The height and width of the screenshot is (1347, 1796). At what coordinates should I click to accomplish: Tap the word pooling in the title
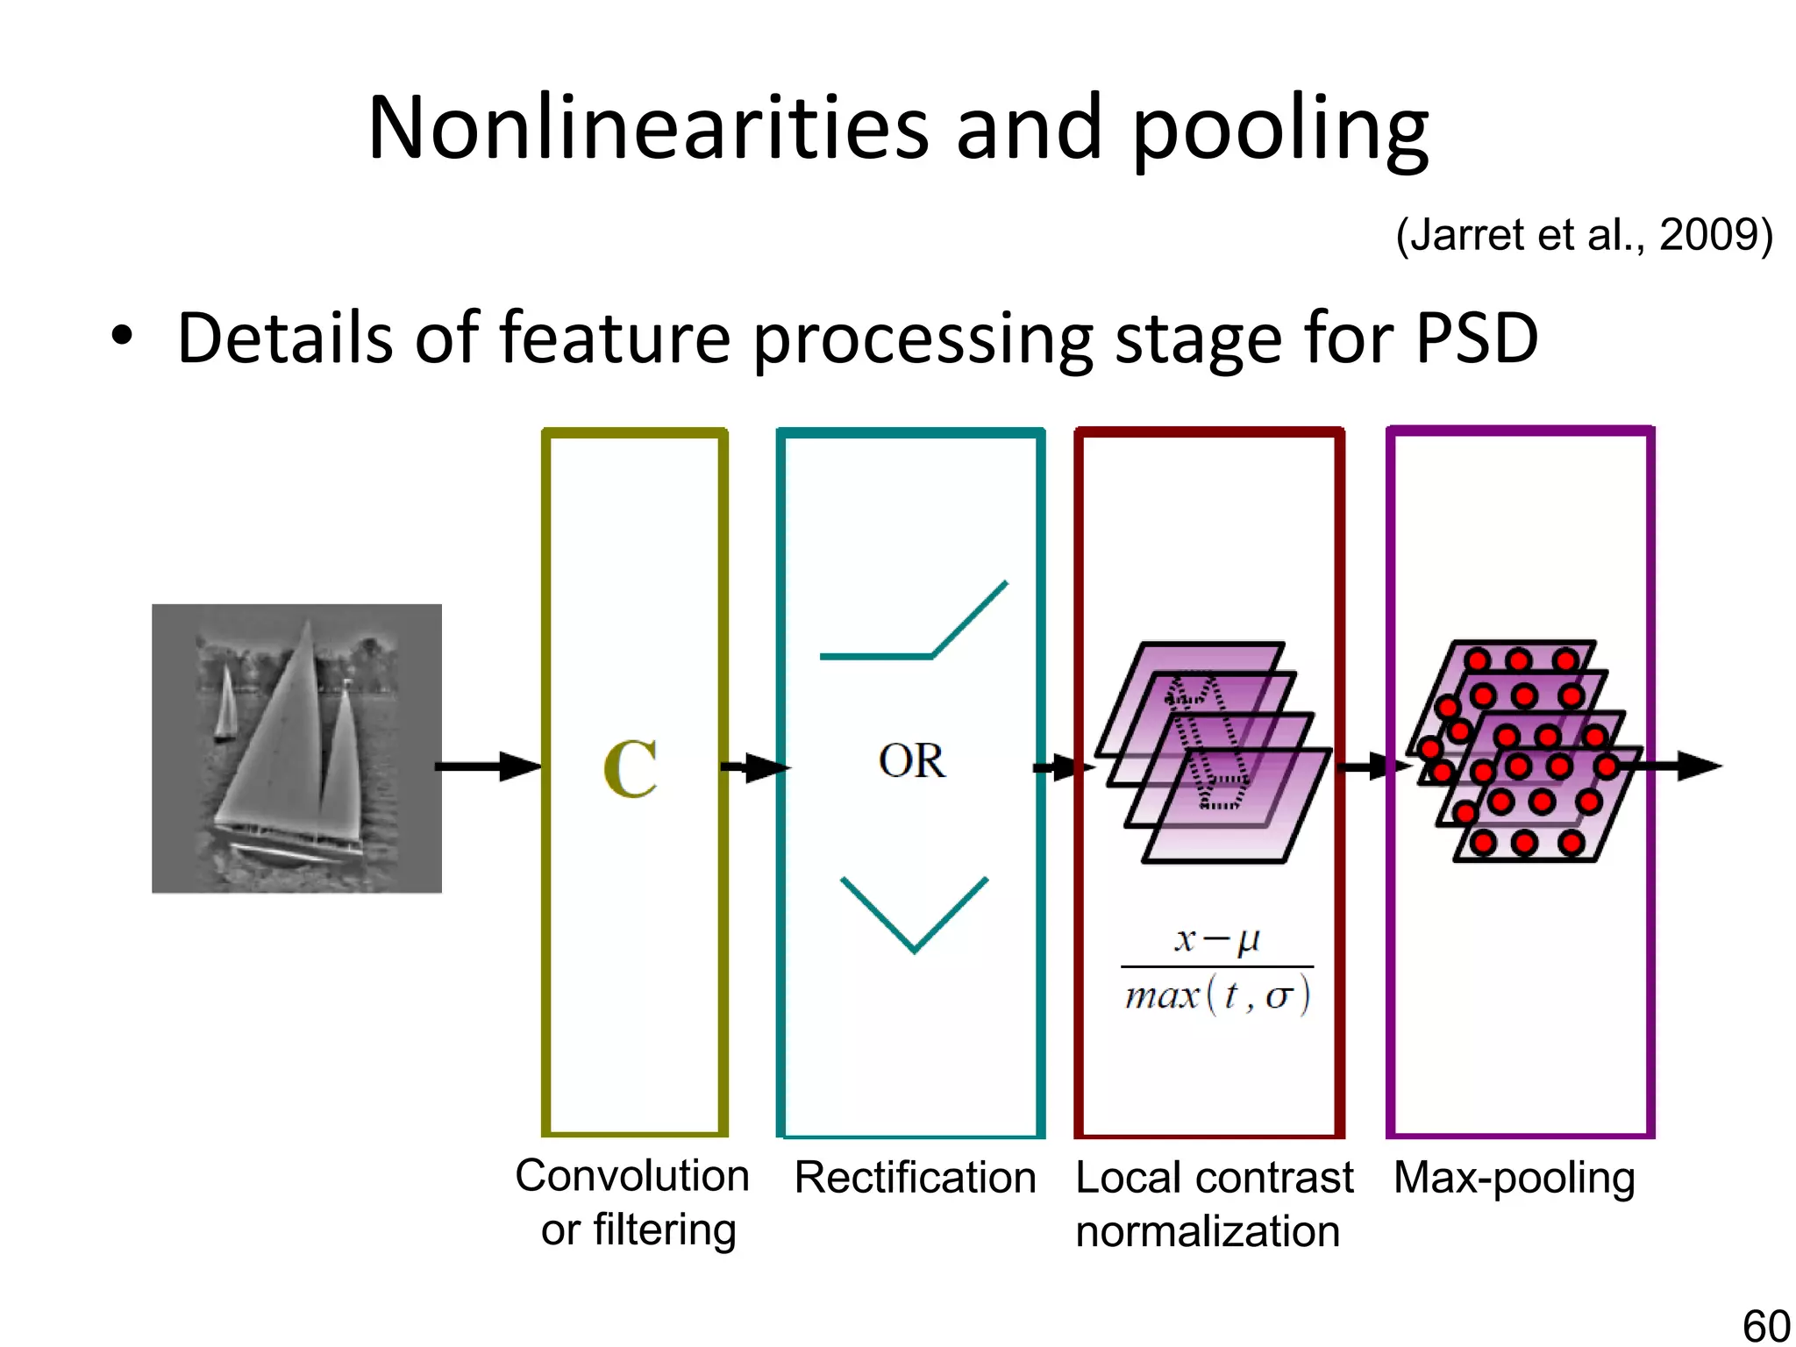point(1280,132)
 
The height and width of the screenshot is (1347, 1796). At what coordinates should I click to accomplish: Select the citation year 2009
point(1710,235)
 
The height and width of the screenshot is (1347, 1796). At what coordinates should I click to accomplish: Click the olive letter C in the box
point(631,769)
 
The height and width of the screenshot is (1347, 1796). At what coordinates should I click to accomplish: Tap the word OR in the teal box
point(911,761)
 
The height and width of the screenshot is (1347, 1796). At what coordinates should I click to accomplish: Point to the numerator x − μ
point(1217,939)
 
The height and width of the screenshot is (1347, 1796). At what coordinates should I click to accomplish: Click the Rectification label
point(915,1178)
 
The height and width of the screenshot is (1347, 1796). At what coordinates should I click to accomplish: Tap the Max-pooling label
point(1514,1178)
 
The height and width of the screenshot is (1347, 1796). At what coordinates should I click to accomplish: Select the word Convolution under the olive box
point(632,1176)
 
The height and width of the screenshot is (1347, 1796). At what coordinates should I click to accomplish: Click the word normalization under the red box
point(1208,1232)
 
